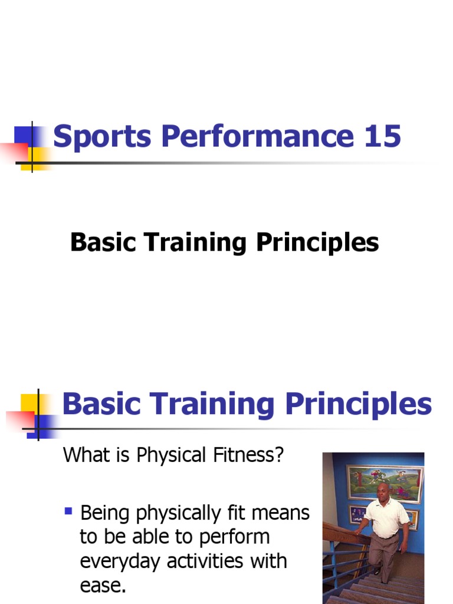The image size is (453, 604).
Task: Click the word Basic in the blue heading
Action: coord(104,405)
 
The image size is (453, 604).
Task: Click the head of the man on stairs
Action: coord(383,491)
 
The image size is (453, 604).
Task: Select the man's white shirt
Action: coord(387,517)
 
